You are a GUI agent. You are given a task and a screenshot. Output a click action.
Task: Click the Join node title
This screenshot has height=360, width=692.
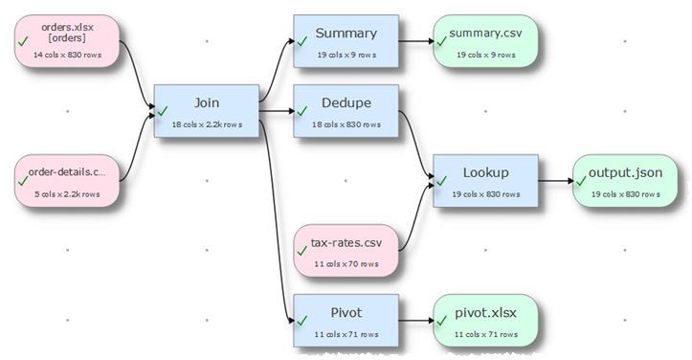click(x=207, y=102)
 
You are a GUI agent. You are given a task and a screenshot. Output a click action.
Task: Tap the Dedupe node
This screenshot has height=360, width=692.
click(x=346, y=110)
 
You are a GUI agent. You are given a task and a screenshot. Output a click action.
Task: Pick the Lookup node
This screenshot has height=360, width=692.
click(x=485, y=180)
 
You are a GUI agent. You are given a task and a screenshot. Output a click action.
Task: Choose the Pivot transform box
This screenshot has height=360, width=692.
click(x=346, y=319)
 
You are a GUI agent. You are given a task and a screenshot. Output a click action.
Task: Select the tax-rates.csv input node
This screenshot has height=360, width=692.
click(x=346, y=250)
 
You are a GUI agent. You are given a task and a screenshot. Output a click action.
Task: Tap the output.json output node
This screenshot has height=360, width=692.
click(x=625, y=180)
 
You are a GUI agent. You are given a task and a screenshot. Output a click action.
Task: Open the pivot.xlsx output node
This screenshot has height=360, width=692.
click(x=485, y=319)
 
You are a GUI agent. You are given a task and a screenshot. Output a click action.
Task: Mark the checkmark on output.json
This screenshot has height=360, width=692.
click(x=581, y=182)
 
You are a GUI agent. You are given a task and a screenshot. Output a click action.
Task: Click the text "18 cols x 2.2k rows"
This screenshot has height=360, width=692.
click(x=207, y=124)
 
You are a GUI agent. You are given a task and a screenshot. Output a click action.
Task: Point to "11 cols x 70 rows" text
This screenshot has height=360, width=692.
click(x=346, y=263)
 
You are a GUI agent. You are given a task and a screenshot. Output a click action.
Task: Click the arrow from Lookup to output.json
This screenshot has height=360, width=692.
click(x=555, y=180)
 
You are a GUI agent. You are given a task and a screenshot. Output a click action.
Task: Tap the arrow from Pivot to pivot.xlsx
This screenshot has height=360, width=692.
click(x=413, y=319)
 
